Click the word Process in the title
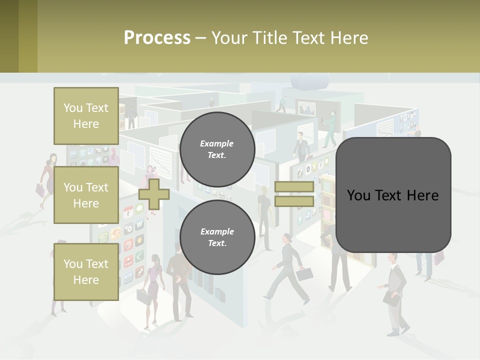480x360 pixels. pos(157,38)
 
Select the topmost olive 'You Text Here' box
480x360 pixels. pos(86,116)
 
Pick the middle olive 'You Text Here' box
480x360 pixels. pos(86,195)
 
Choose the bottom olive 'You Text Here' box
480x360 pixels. pos(86,271)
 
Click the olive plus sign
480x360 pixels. pos(153,194)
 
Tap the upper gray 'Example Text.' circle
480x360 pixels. pos(217,149)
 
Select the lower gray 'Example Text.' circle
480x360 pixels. pos(217,237)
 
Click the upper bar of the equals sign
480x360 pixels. pos(294,187)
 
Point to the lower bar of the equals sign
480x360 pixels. pos(294,201)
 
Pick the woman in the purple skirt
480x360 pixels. pos(152,285)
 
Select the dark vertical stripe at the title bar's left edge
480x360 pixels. pos(9,36)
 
